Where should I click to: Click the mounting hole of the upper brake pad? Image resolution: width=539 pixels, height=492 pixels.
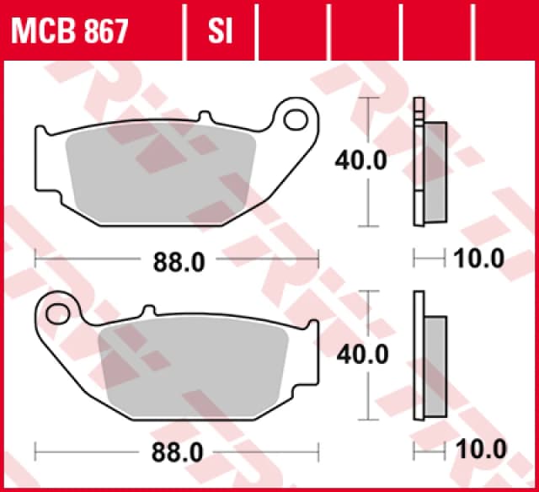point(296,120)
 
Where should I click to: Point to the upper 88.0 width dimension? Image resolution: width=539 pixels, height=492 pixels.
point(178,262)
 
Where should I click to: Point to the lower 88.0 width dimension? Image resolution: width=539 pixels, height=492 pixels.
point(178,452)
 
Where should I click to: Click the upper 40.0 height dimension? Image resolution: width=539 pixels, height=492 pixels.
point(362,160)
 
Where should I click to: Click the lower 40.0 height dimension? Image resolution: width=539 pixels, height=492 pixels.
point(362,355)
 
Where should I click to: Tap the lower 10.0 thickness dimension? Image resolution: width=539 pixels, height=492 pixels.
point(478,448)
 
